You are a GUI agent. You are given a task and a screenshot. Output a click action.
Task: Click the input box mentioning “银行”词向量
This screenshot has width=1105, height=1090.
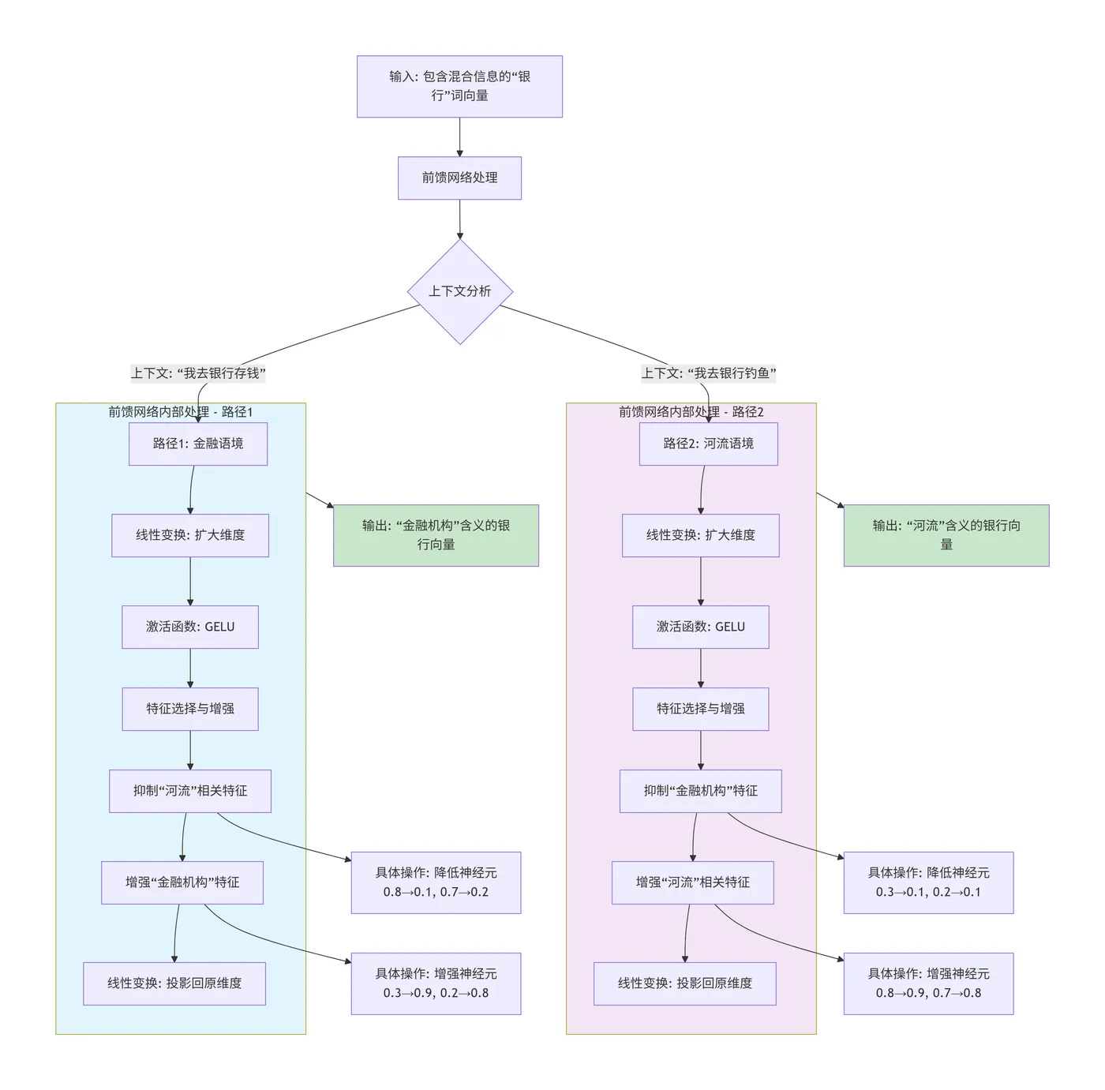tap(459, 86)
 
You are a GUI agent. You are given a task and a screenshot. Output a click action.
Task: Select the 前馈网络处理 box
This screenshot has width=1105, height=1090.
tap(459, 178)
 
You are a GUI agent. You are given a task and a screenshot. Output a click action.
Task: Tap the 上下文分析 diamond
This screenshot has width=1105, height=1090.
tap(459, 291)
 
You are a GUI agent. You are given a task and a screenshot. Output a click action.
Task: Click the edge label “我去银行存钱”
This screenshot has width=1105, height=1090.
tap(198, 373)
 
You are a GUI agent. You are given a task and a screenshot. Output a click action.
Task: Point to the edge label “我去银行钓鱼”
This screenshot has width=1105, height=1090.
tap(709, 373)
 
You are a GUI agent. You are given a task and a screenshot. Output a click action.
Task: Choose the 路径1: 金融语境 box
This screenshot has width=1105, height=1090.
tap(198, 444)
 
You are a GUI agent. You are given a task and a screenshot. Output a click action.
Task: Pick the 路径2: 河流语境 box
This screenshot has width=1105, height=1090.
tap(708, 444)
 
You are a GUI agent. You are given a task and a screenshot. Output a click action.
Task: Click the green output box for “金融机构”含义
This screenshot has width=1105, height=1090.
tap(436, 535)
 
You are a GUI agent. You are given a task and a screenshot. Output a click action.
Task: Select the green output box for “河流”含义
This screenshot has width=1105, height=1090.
tap(946, 535)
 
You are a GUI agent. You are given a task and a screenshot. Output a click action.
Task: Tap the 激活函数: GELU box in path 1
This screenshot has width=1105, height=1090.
tap(190, 627)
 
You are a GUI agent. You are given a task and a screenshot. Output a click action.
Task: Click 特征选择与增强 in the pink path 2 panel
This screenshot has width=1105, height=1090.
tap(700, 709)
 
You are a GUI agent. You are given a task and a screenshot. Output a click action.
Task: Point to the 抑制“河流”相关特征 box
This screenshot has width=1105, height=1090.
tap(190, 791)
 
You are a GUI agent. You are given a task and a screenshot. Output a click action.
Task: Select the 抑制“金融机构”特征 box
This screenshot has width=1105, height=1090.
tap(700, 791)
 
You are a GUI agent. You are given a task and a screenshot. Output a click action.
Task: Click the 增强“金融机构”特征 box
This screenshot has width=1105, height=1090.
tap(182, 882)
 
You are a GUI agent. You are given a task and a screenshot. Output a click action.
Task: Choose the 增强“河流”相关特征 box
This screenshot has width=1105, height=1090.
tap(692, 882)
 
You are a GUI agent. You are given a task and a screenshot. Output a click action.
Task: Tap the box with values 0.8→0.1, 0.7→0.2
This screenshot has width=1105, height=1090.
tap(436, 882)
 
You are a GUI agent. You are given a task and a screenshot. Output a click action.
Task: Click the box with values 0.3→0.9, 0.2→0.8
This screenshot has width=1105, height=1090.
tap(436, 983)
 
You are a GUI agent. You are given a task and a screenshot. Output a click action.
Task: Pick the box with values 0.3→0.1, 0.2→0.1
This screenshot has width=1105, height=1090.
tap(928, 882)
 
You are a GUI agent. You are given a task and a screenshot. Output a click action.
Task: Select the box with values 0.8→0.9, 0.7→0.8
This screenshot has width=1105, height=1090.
tap(928, 983)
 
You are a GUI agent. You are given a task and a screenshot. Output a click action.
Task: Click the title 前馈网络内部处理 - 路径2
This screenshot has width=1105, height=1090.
tap(691, 412)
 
